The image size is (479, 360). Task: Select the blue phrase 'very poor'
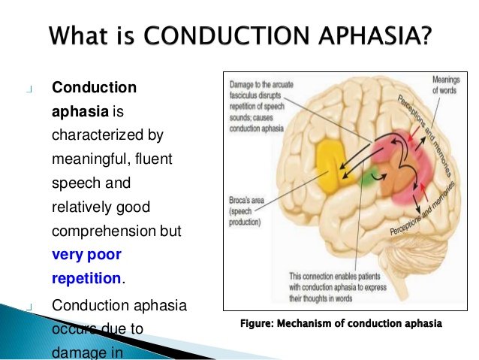[86, 254]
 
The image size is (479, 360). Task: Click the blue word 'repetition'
[86, 278]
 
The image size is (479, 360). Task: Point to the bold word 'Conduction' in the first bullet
[94, 87]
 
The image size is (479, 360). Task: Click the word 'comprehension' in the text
[98, 231]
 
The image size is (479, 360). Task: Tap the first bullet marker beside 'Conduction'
[29, 89]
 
